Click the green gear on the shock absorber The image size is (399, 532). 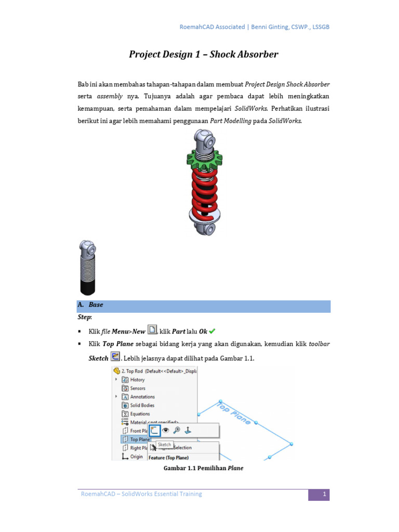click(x=205, y=157)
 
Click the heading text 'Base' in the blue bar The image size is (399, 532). click(x=96, y=305)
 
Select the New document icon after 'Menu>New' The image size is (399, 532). click(x=152, y=329)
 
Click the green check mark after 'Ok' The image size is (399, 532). click(x=212, y=331)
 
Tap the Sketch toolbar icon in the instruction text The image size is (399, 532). click(x=115, y=357)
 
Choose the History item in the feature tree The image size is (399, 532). click(x=138, y=380)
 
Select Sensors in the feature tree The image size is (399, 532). click(x=138, y=388)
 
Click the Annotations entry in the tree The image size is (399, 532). click(x=142, y=397)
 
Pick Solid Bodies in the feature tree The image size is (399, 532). click(x=142, y=405)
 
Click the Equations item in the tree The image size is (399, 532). click(x=140, y=414)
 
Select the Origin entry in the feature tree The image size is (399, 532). click(x=136, y=457)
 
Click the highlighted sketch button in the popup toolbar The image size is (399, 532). click(x=154, y=430)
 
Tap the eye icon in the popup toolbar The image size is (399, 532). click(x=166, y=430)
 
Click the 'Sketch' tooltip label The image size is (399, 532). click(x=164, y=445)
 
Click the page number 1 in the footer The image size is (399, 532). click(x=324, y=494)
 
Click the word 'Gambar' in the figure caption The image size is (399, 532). click(x=175, y=468)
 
